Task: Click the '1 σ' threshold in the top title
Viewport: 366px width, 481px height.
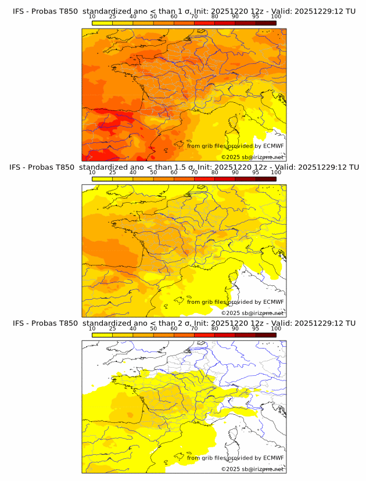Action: (174, 11)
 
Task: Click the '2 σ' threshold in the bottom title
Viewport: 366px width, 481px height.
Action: (174, 323)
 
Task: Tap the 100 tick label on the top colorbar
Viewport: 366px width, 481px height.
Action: (276, 16)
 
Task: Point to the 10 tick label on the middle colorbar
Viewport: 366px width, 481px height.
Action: (92, 173)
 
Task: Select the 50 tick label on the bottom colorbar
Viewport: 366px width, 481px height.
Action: (153, 329)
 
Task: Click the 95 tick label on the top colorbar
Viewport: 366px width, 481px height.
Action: (256, 16)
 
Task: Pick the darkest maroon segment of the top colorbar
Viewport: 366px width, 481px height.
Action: (265, 23)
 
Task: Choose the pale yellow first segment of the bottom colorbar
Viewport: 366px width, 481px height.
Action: (102, 335)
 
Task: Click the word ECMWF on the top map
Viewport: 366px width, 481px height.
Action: (273, 146)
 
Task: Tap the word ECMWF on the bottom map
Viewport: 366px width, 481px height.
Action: (273, 458)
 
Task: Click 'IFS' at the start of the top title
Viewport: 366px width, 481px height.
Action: (19, 11)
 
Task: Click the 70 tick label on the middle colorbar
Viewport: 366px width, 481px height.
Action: (194, 173)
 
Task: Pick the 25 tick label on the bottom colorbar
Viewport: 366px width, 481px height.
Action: (112, 329)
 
